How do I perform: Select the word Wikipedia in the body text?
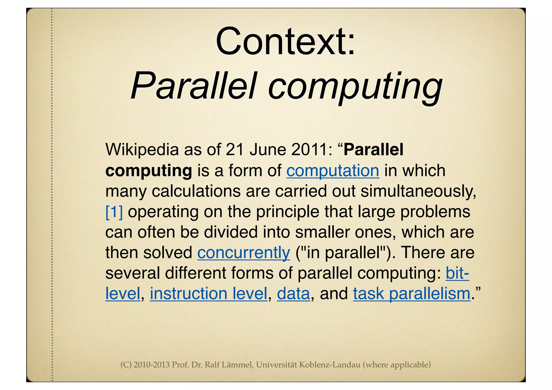[x=142, y=150]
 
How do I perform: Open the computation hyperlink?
[x=333, y=171]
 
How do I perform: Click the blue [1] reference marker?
[x=114, y=212]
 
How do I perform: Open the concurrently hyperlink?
[x=244, y=253]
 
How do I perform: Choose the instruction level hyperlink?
[x=209, y=294]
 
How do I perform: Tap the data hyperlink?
[x=294, y=294]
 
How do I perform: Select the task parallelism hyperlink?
[x=412, y=294]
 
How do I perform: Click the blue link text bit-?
[x=457, y=273]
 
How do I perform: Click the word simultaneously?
[x=418, y=191]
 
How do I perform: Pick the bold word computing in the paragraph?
[x=149, y=171]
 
